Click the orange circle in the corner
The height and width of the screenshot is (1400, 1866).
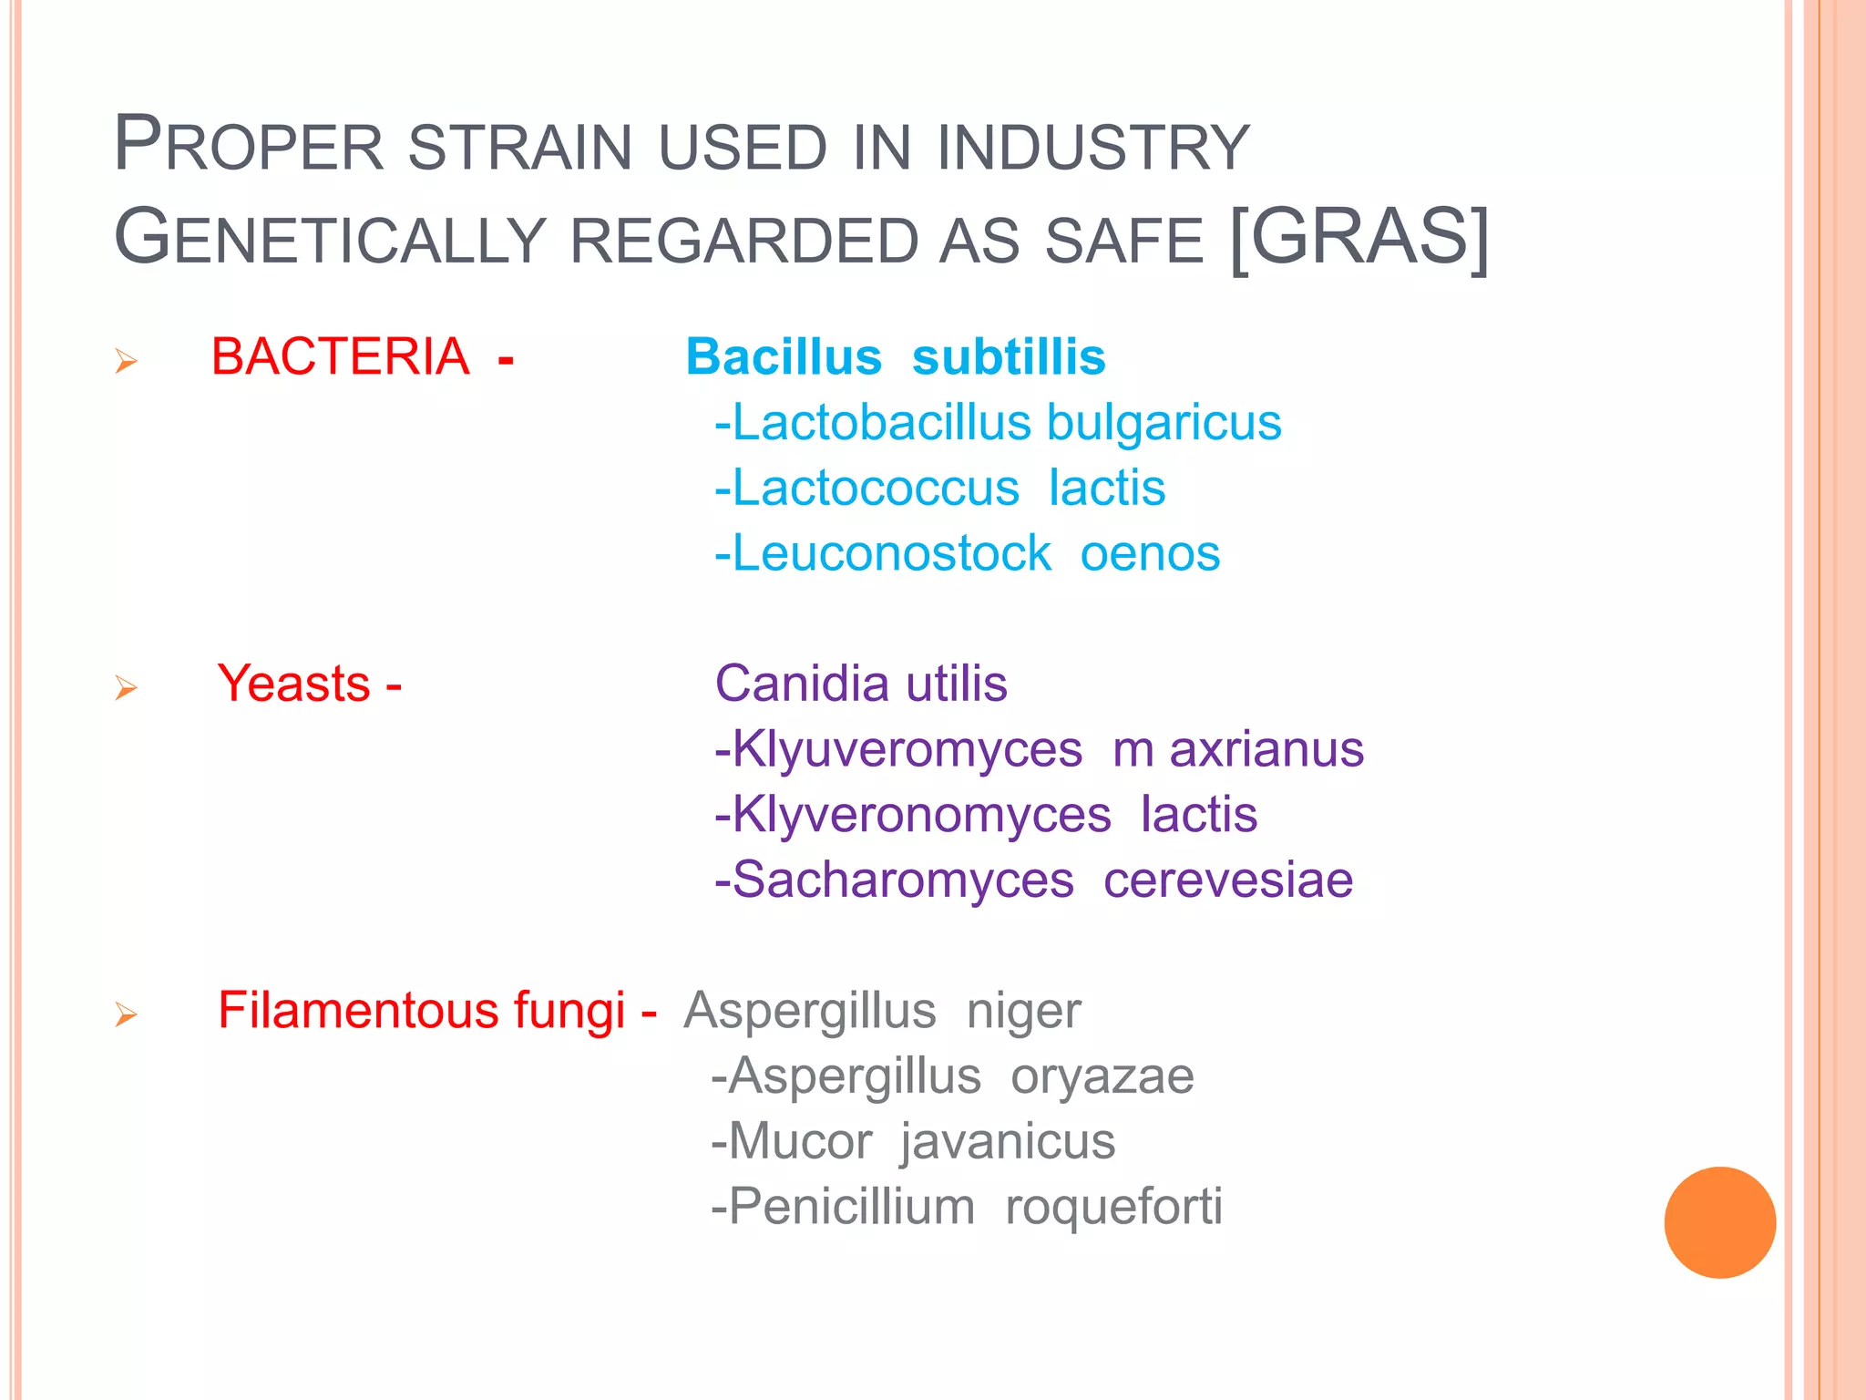[x=1719, y=1222]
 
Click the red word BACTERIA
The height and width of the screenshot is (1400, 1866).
[x=340, y=356]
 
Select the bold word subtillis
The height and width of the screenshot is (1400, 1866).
[x=1009, y=356]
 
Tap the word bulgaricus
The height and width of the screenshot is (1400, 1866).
[x=1164, y=423]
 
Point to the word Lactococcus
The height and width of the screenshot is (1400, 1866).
[x=876, y=488]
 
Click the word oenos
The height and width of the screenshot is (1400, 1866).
[x=1150, y=553]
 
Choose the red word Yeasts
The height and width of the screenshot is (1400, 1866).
[x=293, y=684]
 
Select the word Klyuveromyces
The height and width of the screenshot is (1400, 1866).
[x=907, y=749]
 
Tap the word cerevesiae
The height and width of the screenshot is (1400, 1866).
[x=1228, y=880]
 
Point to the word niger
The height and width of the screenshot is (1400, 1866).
[x=1023, y=1011]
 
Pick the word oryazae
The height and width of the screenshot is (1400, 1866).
[x=1102, y=1076]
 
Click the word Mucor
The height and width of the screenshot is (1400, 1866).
[x=800, y=1141]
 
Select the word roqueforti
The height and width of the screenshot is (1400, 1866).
[x=1113, y=1207]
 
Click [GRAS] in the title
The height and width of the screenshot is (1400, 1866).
[x=1358, y=237]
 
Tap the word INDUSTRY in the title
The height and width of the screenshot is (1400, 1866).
[x=1093, y=148]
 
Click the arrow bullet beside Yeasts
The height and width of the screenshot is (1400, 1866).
[x=126, y=687]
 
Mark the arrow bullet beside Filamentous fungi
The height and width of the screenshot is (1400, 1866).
[x=126, y=1014]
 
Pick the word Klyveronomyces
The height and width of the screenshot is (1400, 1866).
[x=921, y=815]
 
